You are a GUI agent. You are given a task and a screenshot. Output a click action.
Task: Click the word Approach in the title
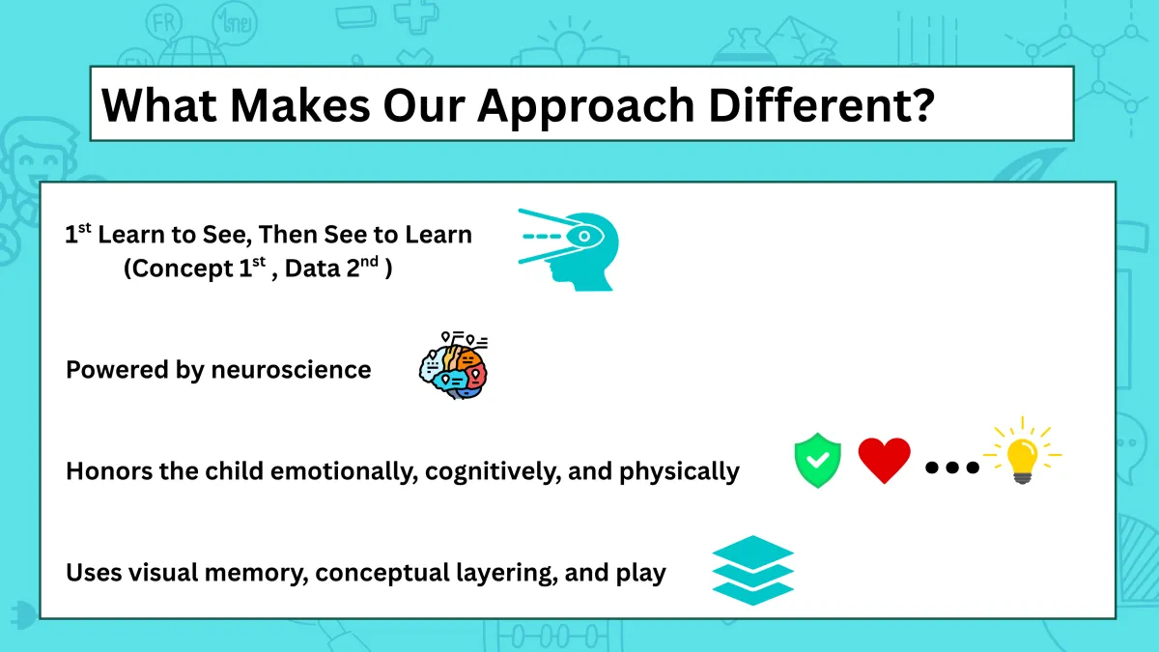click(x=585, y=106)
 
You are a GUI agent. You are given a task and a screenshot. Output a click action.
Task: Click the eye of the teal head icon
click(x=584, y=237)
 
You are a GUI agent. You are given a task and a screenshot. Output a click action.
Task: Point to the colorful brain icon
click(x=454, y=365)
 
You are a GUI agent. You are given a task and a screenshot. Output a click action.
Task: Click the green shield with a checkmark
click(x=817, y=460)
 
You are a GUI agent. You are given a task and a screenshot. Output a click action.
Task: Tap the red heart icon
click(x=885, y=460)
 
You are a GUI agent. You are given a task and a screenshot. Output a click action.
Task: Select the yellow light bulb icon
click(x=1022, y=452)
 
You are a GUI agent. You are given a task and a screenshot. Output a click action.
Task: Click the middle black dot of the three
click(x=952, y=468)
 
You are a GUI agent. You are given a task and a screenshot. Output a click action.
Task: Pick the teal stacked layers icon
click(x=752, y=570)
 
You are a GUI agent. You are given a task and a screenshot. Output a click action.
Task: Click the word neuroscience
click(x=292, y=370)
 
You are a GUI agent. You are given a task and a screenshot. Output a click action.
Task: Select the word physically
click(x=679, y=471)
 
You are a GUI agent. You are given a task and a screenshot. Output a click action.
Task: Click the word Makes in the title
click(x=300, y=105)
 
